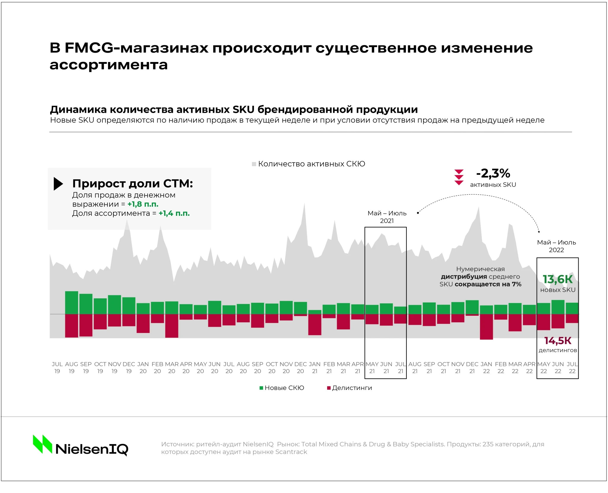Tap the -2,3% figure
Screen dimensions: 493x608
coord(493,173)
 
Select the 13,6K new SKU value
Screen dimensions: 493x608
coord(558,279)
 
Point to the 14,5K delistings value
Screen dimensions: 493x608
coord(558,341)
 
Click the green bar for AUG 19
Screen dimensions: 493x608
coord(72,302)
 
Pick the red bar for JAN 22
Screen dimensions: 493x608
coord(486,326)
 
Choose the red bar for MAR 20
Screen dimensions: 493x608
coord(172,326)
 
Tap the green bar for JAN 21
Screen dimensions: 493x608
coord(315,312)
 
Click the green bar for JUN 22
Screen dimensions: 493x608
coord(558,307)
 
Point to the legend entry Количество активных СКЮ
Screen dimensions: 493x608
coord(308,164)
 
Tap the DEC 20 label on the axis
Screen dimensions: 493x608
coord(300,367)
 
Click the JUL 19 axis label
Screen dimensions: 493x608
coord(57,367)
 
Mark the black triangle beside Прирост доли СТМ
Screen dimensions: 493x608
coord(58,184)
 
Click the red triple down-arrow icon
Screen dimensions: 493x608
coord(459,177)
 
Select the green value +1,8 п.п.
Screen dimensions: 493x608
coord(143,204)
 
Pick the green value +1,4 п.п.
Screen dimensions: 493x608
coord(174,213)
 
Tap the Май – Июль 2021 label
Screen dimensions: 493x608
coord(387,217)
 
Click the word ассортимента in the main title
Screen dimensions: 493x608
coord(109,65)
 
